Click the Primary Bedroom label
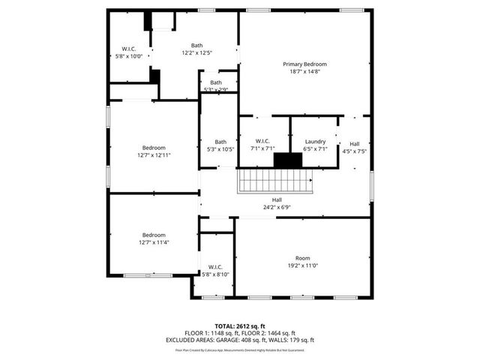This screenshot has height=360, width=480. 304,64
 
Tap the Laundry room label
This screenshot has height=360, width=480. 315,142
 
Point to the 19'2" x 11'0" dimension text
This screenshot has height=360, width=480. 302,265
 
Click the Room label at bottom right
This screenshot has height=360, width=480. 302,258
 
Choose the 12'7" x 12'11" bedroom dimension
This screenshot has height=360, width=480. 154,155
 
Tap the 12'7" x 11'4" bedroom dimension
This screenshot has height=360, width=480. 154,241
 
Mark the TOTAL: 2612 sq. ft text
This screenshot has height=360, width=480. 240,326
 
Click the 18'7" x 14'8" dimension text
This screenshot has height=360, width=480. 304,71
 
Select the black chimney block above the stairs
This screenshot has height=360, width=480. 285,160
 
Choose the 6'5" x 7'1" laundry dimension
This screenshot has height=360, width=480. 315,148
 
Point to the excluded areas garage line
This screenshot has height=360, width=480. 240,340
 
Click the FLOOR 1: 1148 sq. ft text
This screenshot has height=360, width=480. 211,333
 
